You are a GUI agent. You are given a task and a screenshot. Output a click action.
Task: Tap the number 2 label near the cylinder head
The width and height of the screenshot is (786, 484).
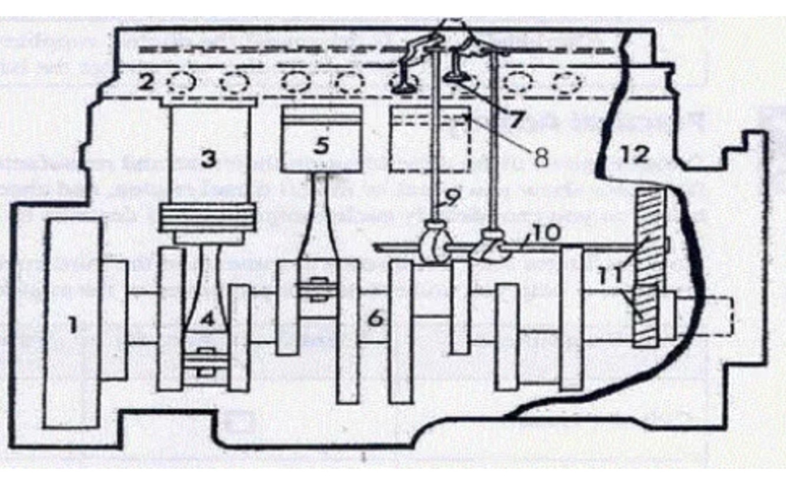(146, 82)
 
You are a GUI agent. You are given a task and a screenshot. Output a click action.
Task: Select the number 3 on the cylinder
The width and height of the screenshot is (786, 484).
(208, 158)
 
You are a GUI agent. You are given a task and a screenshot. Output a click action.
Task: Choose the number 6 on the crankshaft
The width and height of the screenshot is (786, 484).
(375, 319)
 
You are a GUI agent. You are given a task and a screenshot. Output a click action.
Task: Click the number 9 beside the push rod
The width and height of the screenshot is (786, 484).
(451, 199)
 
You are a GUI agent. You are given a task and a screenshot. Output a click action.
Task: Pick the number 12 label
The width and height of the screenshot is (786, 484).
(633, 154)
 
